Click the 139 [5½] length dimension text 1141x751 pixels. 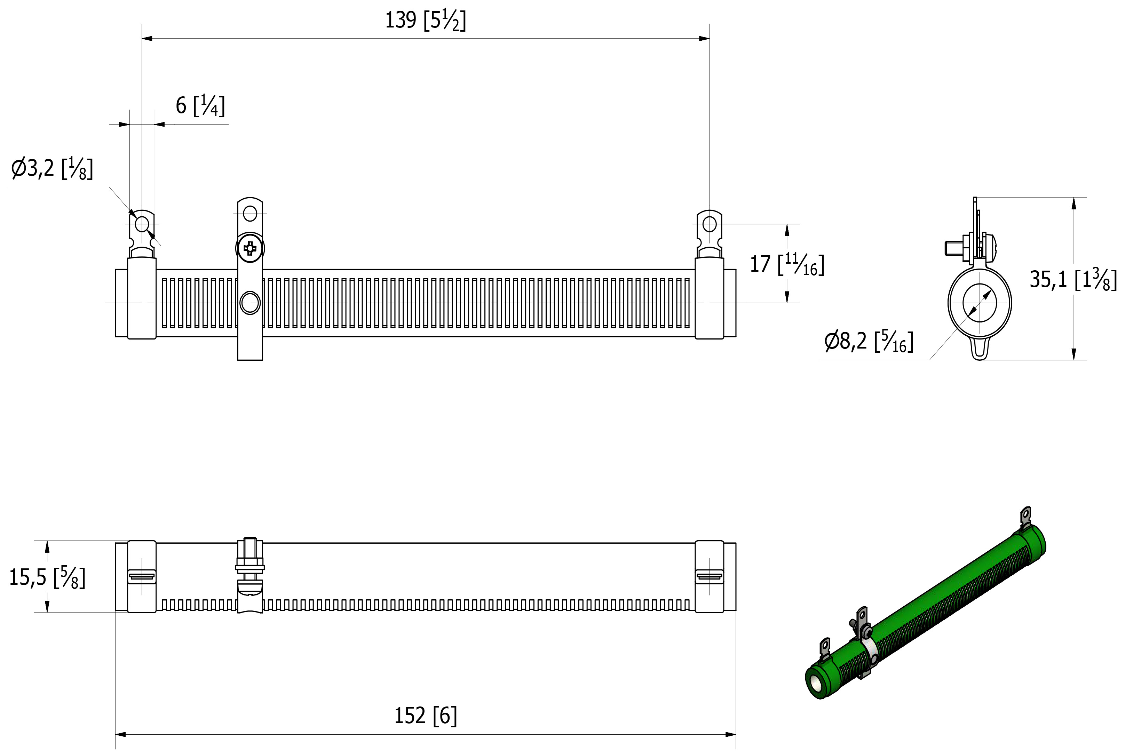click(x=425, y=21)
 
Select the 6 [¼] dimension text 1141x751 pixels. click(x=200, y=105)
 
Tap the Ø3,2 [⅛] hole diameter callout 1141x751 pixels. click(x=52, y=168)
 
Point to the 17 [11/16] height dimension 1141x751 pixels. click(x=787, y=264)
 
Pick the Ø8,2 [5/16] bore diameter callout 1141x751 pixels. click(x=869, y=341)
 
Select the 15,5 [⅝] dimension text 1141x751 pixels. click(x=47, y=577)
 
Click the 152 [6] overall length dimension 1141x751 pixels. click(x=425, y=716)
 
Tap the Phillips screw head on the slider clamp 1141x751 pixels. click(x=250, y=248)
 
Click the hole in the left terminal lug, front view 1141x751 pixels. click(x=142, y=223)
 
